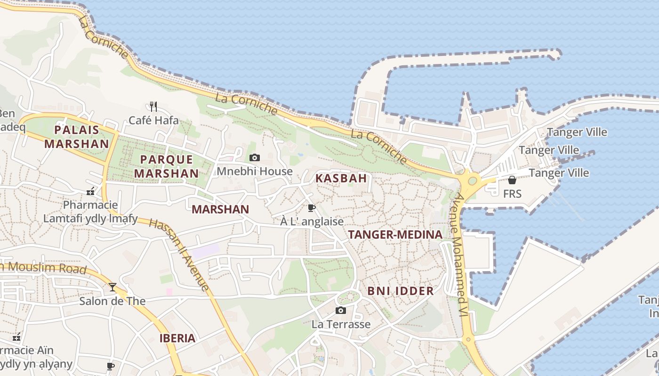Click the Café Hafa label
tap(153, 120)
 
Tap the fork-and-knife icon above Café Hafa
tap(153, 106)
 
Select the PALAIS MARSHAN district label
tap(77, 137)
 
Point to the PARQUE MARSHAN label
tap(166, 166)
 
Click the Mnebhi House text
tap(255, 172)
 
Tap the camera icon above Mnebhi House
tap(255, 157)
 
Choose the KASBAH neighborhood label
tap(341, 178)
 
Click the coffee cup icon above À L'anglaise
tap(311, 208)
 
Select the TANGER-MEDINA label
tap(395, 235)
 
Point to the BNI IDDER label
tap(401, 291)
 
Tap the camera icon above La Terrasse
tap(341, 310)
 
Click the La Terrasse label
tap(341, 324)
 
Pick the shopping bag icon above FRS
tap(512, 180)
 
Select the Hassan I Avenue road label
tap(179, 254)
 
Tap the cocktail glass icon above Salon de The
tap(113, 287)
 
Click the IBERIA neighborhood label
tap(177, 338)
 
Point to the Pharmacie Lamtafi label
tap(90, 211)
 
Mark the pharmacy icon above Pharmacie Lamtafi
tap(90, 191)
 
